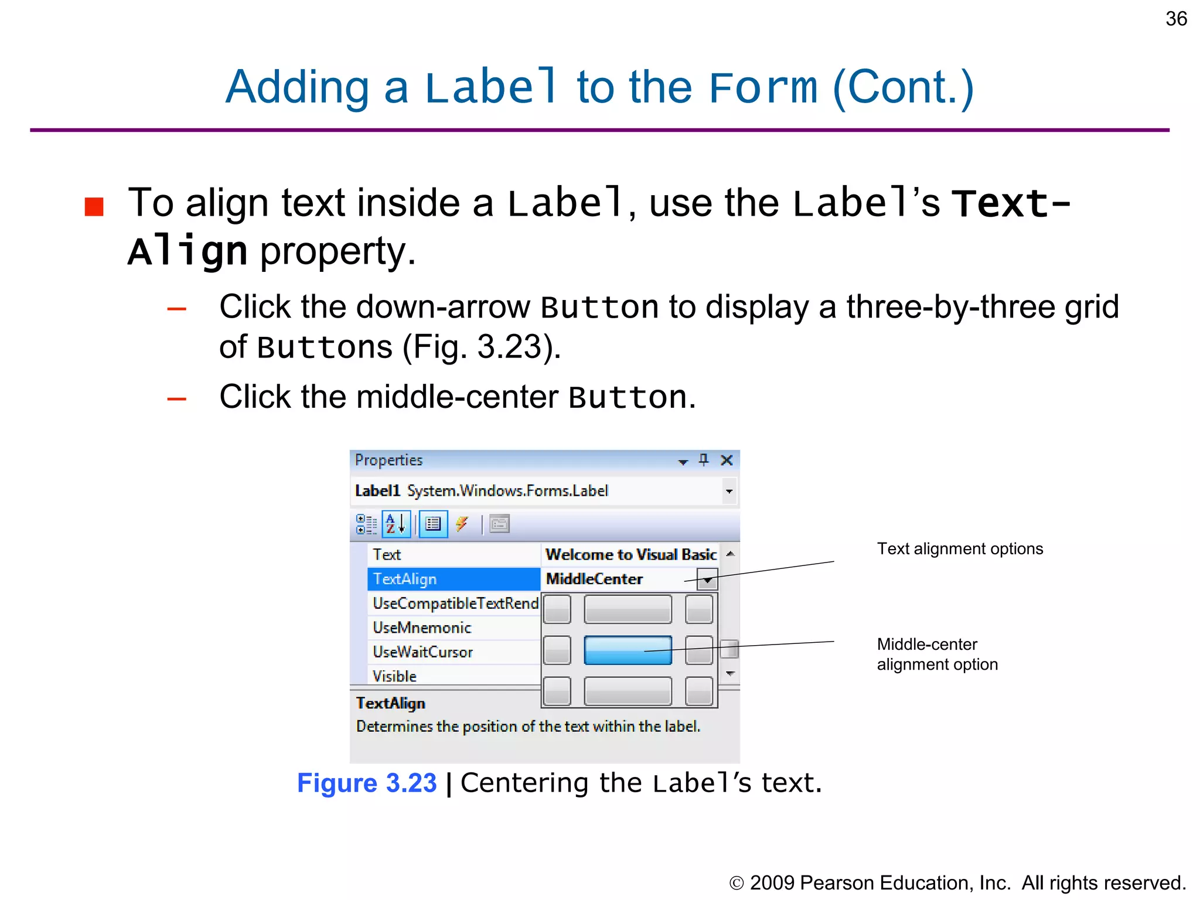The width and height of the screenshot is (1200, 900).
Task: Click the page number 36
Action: point(1175,19)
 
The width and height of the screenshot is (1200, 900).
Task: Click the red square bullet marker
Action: point(94,206)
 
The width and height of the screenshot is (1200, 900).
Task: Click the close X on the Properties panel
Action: point(727,460)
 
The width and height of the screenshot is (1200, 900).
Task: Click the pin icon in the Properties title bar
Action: point(704,460)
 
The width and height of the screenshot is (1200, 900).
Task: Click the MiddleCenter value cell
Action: point(615,579)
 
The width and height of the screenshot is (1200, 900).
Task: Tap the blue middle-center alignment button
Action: point(628,650)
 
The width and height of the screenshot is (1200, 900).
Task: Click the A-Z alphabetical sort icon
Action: point(396,524)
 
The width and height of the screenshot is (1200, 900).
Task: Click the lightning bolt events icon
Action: point(462,523)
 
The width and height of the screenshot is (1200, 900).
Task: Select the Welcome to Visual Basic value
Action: point(630,554)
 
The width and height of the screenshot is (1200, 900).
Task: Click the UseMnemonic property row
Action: point(422,628)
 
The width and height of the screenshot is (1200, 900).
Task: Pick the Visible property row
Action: point(395,676)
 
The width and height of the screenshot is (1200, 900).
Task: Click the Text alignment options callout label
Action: point(960,548)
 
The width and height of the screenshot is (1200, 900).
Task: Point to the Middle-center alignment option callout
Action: point(937,654)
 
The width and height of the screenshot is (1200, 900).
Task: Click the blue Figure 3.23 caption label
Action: point(367,783)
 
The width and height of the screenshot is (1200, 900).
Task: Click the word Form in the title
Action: point(762,87)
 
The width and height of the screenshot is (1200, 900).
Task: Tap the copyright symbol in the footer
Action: point(736,883)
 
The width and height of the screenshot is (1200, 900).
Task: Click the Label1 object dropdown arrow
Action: point(729,491)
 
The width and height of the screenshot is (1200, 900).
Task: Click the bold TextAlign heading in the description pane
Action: point(390,703)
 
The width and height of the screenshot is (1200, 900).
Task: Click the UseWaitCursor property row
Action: point(422,652)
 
